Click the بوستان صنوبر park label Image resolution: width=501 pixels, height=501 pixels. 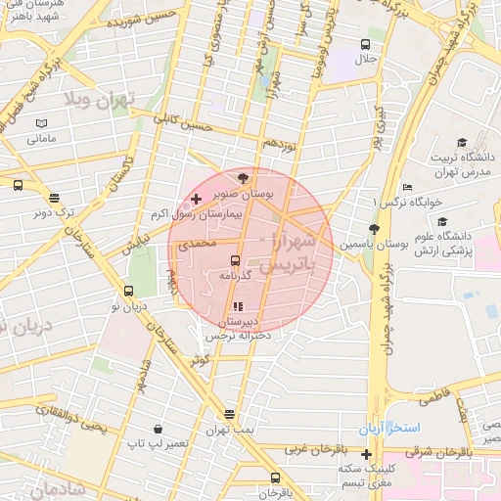point(244,195)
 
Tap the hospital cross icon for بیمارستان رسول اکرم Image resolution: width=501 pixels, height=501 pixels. point(197,199)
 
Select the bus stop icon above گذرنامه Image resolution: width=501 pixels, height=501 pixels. point(234,260)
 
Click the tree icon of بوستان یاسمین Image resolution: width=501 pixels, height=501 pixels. point(373,228)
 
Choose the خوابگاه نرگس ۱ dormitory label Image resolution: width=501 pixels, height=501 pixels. point(408,202)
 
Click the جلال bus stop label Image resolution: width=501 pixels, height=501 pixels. point(365,60)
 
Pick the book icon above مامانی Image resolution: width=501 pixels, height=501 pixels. point(40,123)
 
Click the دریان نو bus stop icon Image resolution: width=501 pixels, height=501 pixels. point(128,291)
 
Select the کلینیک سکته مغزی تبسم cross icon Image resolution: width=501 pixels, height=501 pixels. point(366,454)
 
